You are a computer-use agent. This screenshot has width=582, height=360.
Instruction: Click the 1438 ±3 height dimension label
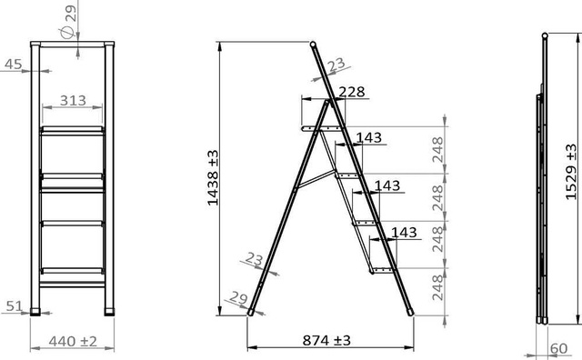click(213, 178)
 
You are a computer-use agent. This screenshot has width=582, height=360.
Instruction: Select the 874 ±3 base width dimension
click(326, 340)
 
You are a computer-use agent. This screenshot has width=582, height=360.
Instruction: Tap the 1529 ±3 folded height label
click(571, 172)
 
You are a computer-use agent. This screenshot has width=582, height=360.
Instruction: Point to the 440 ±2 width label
click(73, 341)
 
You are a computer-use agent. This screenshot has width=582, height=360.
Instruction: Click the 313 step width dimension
click(73, 100)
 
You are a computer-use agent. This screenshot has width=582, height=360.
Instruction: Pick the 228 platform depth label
click(352, 92)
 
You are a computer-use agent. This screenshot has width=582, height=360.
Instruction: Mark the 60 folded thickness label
click(558, 348)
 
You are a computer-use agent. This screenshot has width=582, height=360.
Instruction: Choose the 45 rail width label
click(14, 65)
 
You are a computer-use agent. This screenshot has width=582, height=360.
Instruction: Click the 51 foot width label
click(15, 306)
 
